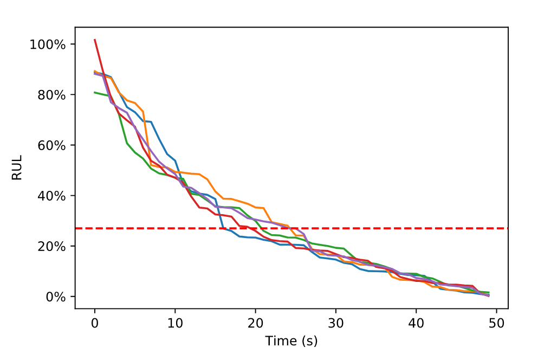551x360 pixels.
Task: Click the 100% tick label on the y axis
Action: pyautogui.click(x=47, y=44)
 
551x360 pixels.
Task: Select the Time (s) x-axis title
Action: pyautogui.click(x=291, y=341)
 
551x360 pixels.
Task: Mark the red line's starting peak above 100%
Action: pyautogui.click(x=95, y=40)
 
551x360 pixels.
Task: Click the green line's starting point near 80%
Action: pyautogui.click(x=95, y=92)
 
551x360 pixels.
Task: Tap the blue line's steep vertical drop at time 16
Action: pyautogui.click(x=219, y=214)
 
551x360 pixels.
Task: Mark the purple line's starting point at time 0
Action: pyautogui.click(x=95, y=73)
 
